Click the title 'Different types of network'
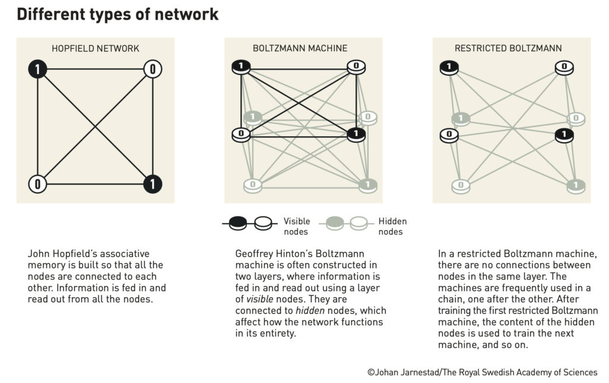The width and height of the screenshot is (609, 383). pyautogui.click(x=117, y=14)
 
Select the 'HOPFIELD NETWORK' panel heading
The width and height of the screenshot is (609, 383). pyautogui.click(x=95, y=48)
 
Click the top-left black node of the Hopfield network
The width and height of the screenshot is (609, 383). pyautogui.click(x=37, y=70)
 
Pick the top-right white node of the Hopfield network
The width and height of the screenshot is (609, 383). pyautogui.click(x=153, y=70)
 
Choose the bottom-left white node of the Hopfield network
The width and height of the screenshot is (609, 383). pyautogui.click(x=37, y=184)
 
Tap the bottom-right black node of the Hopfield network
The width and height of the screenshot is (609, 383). pyautogui.click(x=153, y=184)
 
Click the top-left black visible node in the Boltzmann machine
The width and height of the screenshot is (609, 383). pyautogui.click(x=241, y=67)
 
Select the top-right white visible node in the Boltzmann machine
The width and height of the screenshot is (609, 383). pyautogui.click(x=356, y=67)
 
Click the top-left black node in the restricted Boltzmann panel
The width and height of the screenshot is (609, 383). pyautogui.click(x=449, y=67)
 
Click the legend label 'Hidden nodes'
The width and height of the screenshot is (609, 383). pyautogui.click(x=393, y=226)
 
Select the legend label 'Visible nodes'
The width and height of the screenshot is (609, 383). pyautogui.click(x=297, y=226)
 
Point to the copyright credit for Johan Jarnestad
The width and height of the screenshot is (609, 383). pyautogui.click(x=482, y=373)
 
